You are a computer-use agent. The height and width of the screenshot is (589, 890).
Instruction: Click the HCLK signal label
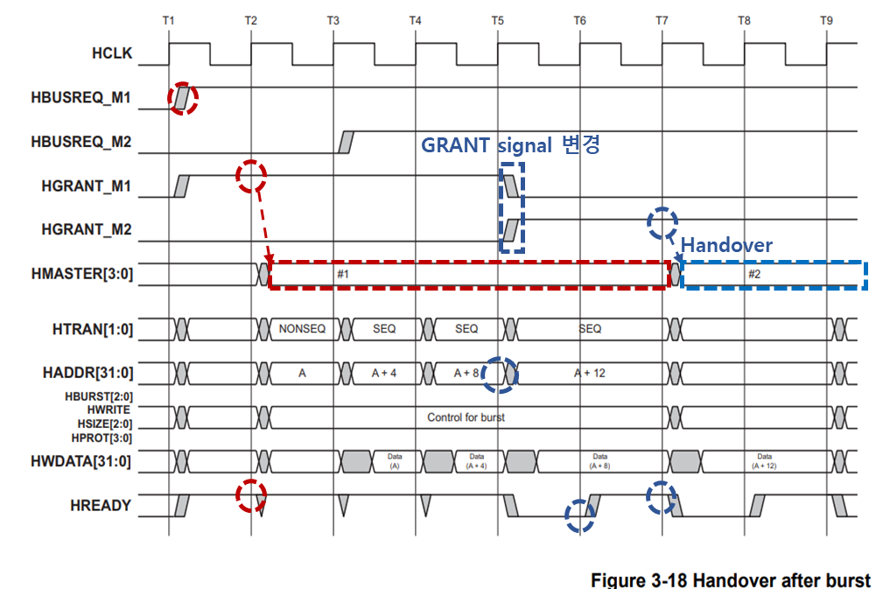(x=112, y=53)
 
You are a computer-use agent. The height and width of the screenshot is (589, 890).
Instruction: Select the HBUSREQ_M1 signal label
(x=81, y=98)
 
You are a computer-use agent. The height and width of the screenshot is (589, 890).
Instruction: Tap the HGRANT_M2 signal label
(x=87, y=229)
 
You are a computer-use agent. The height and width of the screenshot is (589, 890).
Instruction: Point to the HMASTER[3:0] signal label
(x=81, y=274)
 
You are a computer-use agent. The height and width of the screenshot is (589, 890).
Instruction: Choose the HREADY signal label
(x=101, y=505)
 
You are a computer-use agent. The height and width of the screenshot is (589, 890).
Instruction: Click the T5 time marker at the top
(x=497, y=19)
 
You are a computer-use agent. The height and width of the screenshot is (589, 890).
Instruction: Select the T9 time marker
(x=826, y=19)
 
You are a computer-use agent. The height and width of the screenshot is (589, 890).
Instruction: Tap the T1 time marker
(x=169, y=19)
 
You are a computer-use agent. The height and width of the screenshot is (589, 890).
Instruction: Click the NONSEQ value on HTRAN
(x=302, y=329)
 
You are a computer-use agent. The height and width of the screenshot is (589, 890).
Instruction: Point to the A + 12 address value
(x=591, y=373)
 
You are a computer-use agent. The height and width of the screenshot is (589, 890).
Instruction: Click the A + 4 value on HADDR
(x=383, y=373)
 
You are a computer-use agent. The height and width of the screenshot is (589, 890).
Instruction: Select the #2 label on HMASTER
(x=754, y=274)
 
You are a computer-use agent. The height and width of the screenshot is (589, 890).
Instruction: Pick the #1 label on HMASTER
(x=343, y=274)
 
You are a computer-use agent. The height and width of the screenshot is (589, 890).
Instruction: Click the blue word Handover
(x=726, y=245)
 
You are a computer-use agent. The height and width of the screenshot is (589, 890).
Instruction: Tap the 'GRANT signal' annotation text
(x=487, y=145)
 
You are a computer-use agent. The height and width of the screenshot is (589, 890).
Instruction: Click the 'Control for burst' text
(x=466, y=417)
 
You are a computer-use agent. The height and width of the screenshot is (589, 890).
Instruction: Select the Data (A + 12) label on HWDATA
(x=765, y=461)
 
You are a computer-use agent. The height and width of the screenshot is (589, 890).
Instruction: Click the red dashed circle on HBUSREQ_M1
(x=183, y=98)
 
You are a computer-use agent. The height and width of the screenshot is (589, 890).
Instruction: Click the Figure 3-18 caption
(x=731, y=580)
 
